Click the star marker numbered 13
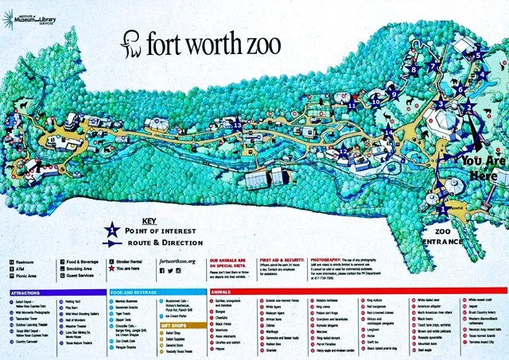pos(237,125)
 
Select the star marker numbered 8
pos(412,70)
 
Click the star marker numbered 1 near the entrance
pos(442,210)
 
